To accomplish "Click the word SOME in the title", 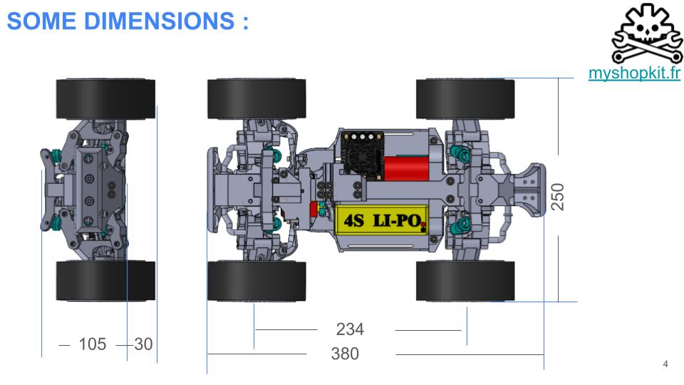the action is [x=41, y=21].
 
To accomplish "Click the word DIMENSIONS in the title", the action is [x=159, y=21].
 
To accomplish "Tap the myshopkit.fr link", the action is [x=634, y=73].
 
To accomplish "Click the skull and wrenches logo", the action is [x=648, y=34].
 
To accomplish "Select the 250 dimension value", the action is [x=557, y=197].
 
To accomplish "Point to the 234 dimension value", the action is [x=350, y=329].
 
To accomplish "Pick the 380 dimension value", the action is [x=345, y=354].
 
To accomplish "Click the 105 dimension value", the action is [x=93, y=344].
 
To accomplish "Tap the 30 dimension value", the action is [x=143, y=344].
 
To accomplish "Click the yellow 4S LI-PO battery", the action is [x=381, y=220].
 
